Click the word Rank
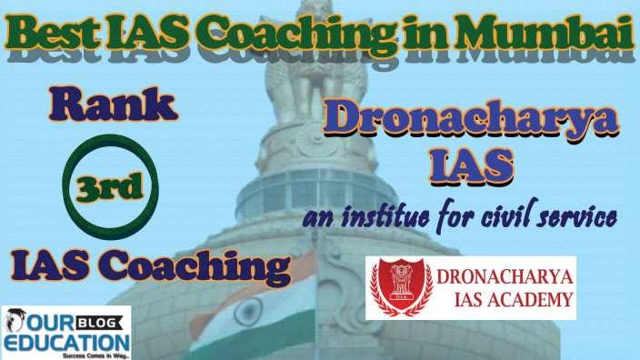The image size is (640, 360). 114,105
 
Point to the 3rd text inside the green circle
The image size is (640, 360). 110,187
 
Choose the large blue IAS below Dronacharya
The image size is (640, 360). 472,165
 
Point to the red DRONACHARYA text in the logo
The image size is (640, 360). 505,277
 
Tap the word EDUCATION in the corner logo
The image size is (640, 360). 67,342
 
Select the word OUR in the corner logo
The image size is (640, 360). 50,323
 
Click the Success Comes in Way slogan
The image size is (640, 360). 96,356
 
